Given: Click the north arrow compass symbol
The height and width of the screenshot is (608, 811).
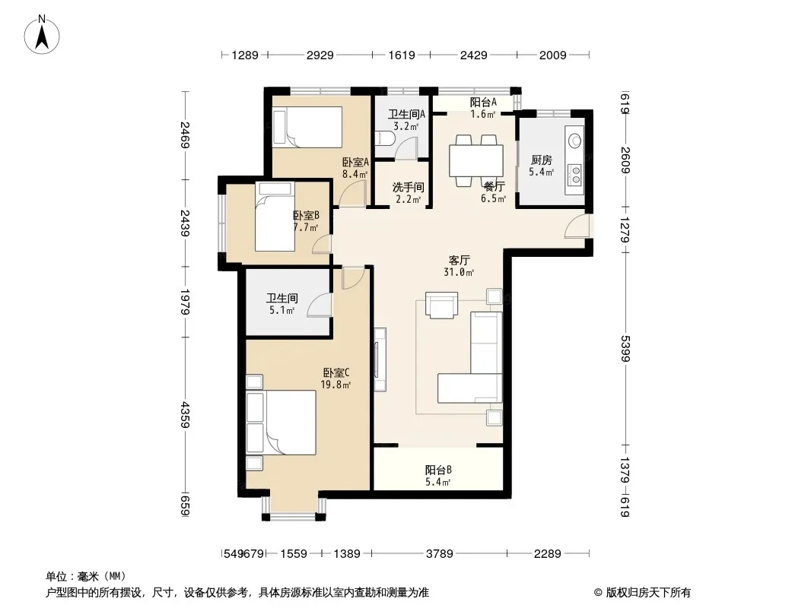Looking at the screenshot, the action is coord(42,35).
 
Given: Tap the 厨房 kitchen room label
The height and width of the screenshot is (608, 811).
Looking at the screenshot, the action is coord(541,160).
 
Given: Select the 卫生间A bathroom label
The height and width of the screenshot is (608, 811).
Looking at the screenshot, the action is coord(406,114).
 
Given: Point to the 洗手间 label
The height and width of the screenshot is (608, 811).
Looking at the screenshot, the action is coord(408,187).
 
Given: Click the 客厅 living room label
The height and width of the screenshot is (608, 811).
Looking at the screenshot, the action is coord(459,261).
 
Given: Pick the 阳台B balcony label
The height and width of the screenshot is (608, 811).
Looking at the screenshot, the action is coord(439,470).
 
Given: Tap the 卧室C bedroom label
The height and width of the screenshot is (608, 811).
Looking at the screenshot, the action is coord(336,372).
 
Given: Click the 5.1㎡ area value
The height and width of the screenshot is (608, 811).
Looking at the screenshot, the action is coord(282,310).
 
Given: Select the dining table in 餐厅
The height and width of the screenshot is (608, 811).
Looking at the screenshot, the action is coord(476,161).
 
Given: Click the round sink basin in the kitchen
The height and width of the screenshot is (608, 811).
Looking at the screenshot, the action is coord(574,140).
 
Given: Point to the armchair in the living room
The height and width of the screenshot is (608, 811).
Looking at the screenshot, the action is coord(441,305).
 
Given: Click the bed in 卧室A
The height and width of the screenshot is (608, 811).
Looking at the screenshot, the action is coord(307,127).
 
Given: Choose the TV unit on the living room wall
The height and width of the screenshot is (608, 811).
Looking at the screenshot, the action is coord(380,359).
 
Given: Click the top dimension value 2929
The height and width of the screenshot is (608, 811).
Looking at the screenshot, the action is coord(320,55).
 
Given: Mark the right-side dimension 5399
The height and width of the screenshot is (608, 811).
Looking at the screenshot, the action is coord(625,349).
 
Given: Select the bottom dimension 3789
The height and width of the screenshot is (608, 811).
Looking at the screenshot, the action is coord(440,554).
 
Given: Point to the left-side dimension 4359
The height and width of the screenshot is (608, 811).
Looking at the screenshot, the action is coord(185,415).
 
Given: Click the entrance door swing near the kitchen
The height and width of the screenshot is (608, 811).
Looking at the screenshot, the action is coord(577,226).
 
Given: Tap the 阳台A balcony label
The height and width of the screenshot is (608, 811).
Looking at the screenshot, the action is coord(483,103).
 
